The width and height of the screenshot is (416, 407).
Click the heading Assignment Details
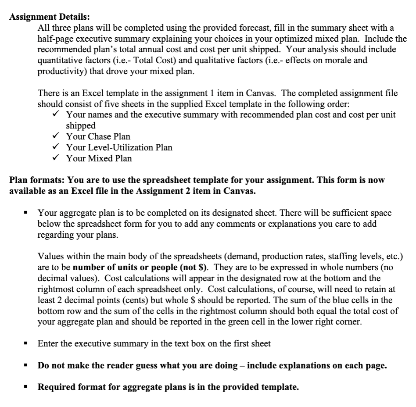click(50, 17)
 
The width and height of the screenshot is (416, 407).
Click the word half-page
click(54, 39)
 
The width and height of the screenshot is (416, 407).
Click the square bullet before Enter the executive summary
click(26, 343)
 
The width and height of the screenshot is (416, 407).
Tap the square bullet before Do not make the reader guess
click(26, 365)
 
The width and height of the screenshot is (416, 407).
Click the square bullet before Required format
click(26, 387)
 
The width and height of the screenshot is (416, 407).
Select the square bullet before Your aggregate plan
click(26, 213)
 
